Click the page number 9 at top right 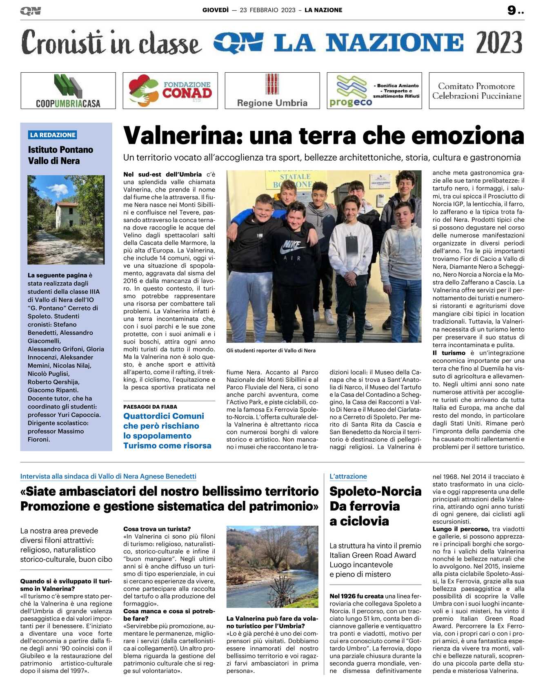pyautogui.click(x=512, y=10)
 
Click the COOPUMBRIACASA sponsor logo pyautogui.click(x=68, y=91)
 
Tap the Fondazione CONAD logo pyautogui.click(x=170, y=91)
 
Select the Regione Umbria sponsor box pyautogui.click(x=272, y=91)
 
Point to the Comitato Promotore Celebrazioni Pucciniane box pyautogui.click(x=476, y=91)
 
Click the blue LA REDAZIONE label pyautogui.click(x=53, y=135)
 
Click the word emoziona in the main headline pyautogui.click(x=468, y=136)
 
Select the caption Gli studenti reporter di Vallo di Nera pyautogui.click(x=271, y=350)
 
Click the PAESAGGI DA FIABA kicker pyautogui.click(x=150, y=407)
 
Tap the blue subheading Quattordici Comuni pyautogui.click(x=164, y=416)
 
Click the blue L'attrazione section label pyautogui.click(x=348, y=476)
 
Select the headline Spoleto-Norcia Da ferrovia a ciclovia pyautogui.click(x=375, y=506)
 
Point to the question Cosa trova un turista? pyautogui.click(x=157, y=529)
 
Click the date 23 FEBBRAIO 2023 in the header pyautogui.click(x=267, y=10)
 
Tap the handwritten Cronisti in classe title pyautogui.click(x=111, y=42)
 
